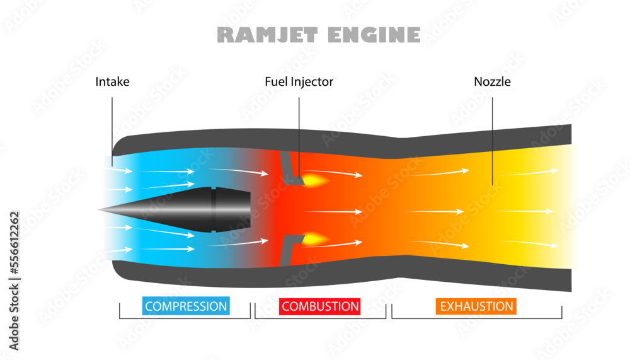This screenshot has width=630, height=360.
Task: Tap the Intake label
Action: [x=112, y=81]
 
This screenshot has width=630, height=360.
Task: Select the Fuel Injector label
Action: [x=299, y=81]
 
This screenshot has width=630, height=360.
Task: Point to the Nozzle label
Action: [x=492, y=81]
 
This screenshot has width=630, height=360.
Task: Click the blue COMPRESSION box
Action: [x=186, y=306]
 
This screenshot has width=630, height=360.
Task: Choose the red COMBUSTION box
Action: [x=320, y=306]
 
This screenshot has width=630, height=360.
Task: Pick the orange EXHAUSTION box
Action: [x=476, y=306]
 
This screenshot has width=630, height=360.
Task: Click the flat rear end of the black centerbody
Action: [x=250, y=209]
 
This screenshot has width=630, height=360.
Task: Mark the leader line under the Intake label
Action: [x=112, y=126]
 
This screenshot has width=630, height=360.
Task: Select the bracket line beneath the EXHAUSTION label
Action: [x=476, y=318]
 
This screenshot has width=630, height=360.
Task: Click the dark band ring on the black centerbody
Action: [x=214, y=209]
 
